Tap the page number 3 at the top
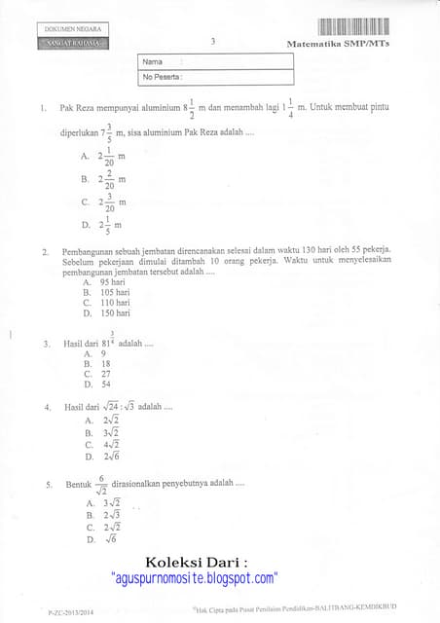[212, 41]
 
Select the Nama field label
[152, 61]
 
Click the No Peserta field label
[163, 76]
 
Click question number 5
[47, 484]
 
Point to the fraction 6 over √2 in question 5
[100, 483]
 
